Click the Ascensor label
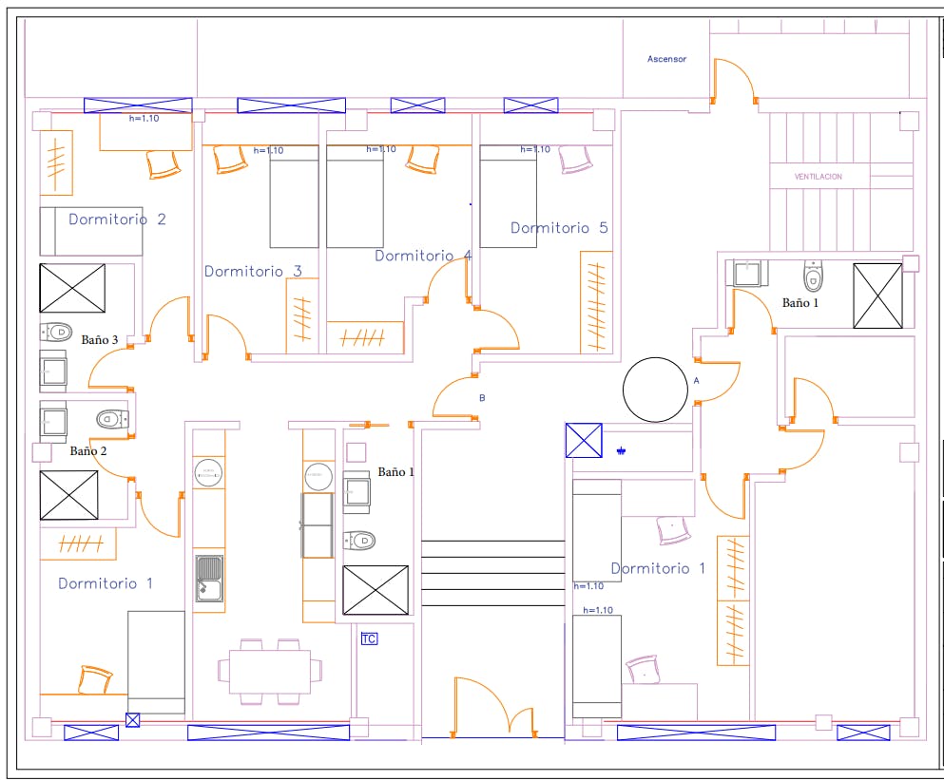[x=666, y=59]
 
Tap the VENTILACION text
[x=818, y=177]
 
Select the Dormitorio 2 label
[x=117, y=219]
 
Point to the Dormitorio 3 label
[x=253, y=272]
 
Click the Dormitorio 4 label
[x=423, y=256]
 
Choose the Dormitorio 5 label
[x=559, y=228]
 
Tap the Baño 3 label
[x=100, y=339]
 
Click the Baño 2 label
[x=88, y=451]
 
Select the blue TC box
[x=369, y=639]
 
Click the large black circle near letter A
[x=655, y=390]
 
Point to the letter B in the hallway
[x=482, y=398]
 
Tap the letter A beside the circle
[x=697, y=379]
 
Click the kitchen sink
[x=209, y=578]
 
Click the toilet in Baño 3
[x=57, y=333]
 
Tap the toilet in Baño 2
[x=111, y=418]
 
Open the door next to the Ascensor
[x=734, y=84]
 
